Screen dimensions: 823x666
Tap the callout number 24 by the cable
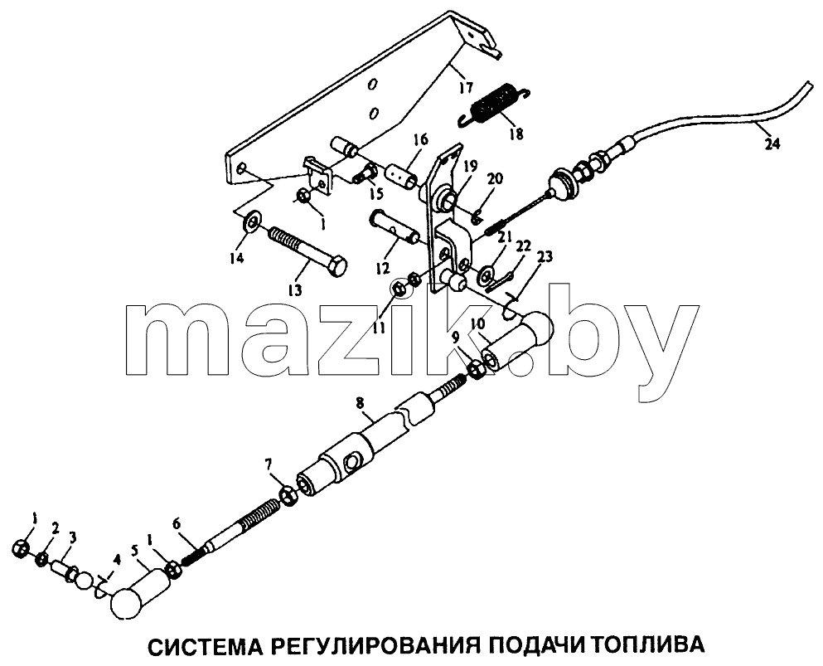[772, 143]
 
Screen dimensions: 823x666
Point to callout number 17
[466, 86]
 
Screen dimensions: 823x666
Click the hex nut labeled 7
[288, 495]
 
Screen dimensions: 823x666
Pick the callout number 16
[420, 139]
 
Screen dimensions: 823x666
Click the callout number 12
[383, 268]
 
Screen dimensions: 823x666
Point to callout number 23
[545, 257]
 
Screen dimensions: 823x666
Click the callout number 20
[495, 178]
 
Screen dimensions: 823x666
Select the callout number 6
[177, 523]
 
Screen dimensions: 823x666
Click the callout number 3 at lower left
[72, 537]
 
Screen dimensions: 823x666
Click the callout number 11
[379, 328]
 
